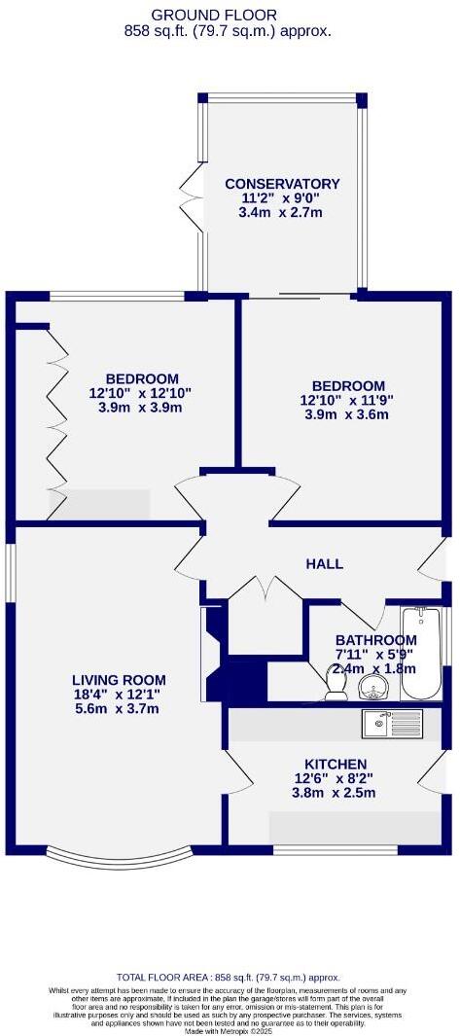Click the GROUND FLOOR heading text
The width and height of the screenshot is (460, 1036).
229,15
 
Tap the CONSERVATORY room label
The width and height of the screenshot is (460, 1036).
282,184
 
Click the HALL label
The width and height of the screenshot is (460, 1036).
324,564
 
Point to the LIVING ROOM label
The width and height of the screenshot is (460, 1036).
119,680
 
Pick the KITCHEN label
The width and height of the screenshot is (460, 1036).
336,765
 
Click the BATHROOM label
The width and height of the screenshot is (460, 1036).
375,640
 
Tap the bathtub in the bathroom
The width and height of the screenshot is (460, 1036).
421,653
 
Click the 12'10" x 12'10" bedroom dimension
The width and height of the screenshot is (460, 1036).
142,393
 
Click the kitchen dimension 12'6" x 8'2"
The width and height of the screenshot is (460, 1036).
336,779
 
